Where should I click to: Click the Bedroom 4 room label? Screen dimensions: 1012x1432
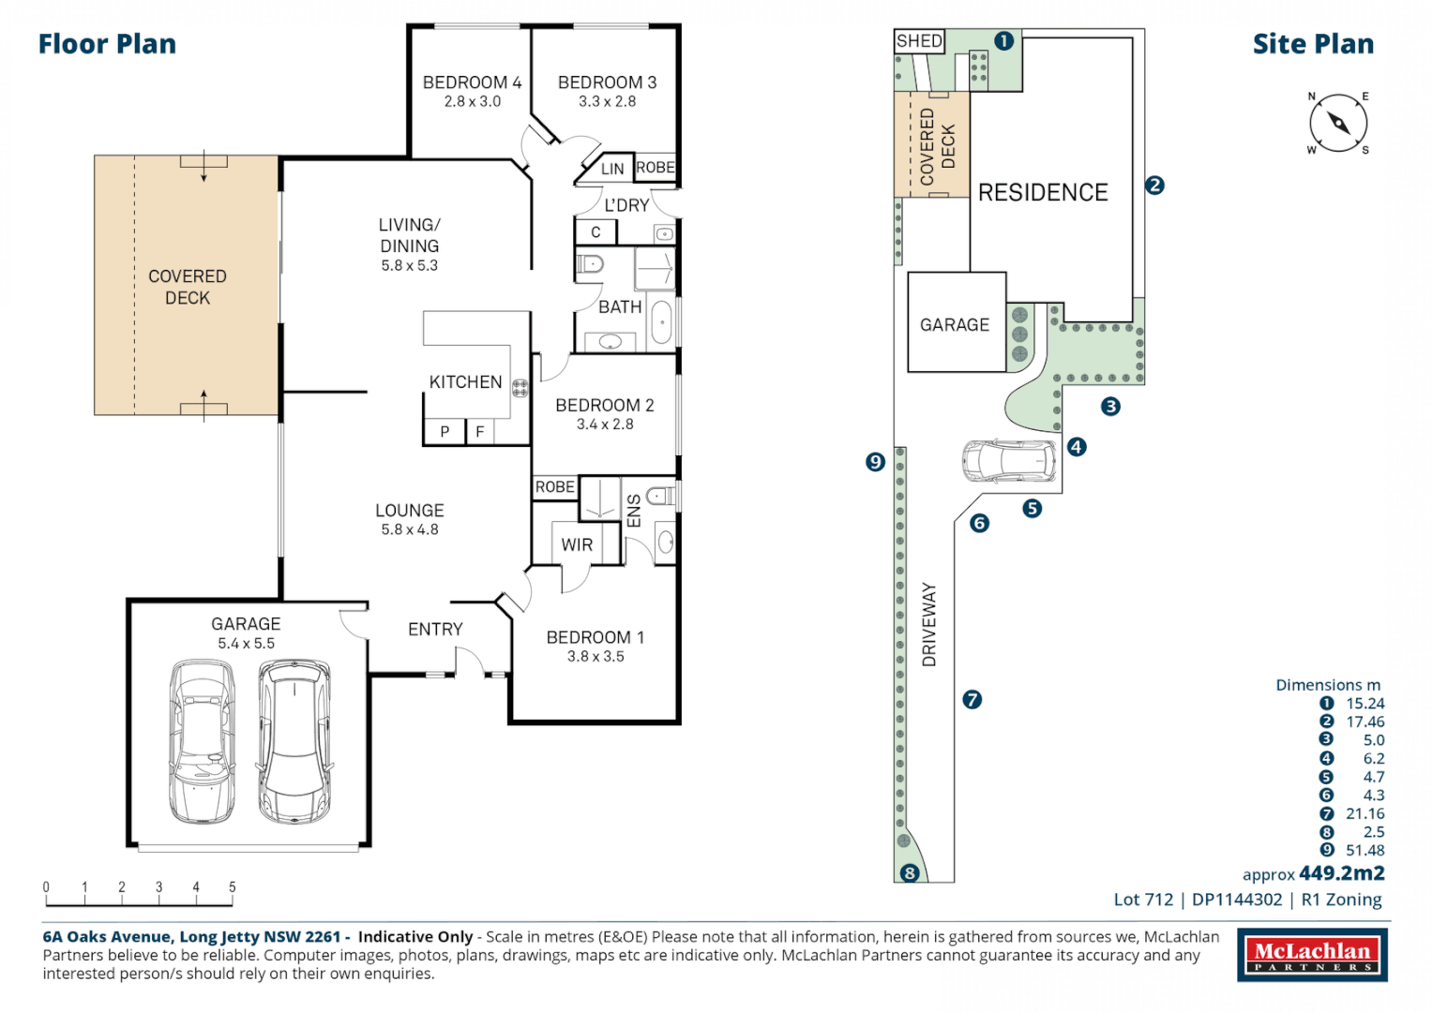pyautogui.click(x=472, y=82)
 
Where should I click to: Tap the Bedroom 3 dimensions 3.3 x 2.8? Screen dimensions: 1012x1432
pyautogui.click(x=607, y=101)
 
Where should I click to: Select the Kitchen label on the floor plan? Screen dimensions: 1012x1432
pyautogui.click(x=465, y=382)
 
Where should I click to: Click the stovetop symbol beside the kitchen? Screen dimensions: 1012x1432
pyautogui.click(x=520, y=388)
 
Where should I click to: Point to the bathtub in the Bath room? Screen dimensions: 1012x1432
pyautogui.click(x=661, y=324)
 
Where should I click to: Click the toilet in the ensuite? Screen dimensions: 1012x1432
pyautogui.click(x=660, y=496)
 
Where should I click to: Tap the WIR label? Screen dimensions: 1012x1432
pyautogui.click(x=577, y=544)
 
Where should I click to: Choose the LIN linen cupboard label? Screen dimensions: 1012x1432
pyautogui.click(x=611, y=169)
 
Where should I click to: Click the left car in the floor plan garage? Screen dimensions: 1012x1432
pyautogui.click(x=202, y=741)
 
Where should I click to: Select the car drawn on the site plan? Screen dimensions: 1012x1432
pyautogui.click(x=1008, y=460)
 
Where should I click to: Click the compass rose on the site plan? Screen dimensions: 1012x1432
pyautogui.click(x=1338, y=123)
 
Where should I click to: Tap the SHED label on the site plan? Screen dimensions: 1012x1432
pyautogui.click(x=919, y=41)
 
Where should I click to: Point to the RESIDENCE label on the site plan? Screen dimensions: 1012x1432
pyautogui.click(x=1043, y=193)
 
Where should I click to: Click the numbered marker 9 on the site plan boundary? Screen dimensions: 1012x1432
pyautogui.click(x=875, y=461)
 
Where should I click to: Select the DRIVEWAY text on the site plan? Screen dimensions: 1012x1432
pyautogui.click(x=929, y=624)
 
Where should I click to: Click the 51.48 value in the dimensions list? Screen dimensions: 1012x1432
pyautogui.click(x=1364, y=851)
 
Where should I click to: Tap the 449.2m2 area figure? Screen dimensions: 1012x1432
pyautogui.click(x=1341, y=873)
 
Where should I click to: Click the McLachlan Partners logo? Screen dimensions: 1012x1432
pyautogui.click(x=1312, y=956)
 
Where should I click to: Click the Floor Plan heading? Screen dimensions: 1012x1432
pyautogui.click(x=107, y=44)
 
